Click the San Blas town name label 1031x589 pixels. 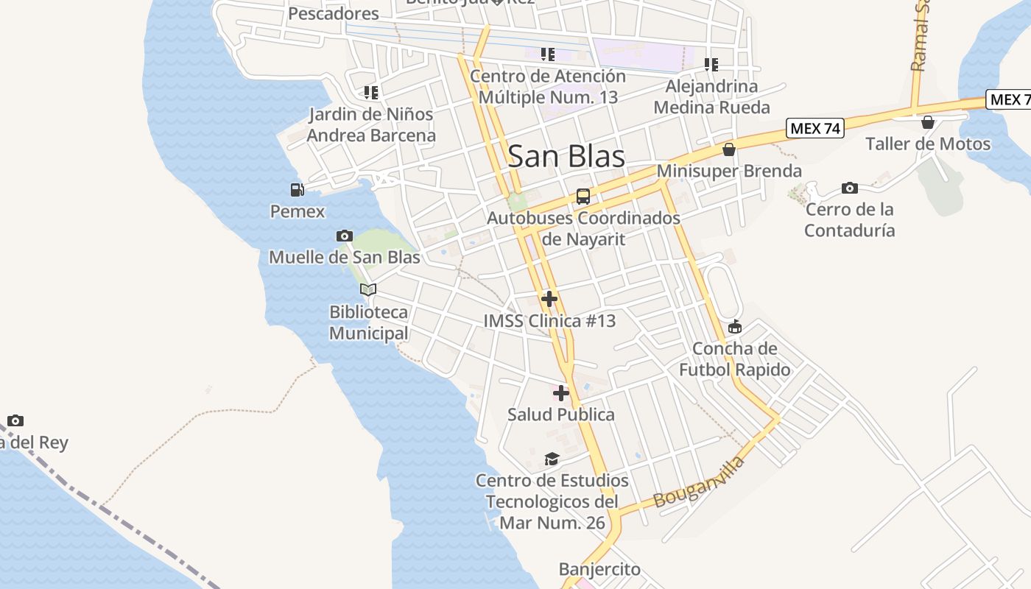566,156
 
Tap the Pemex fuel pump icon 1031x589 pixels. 297,190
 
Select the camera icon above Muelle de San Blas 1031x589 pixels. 344,236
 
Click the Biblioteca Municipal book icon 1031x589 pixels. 368,290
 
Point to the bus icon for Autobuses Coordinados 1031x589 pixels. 583,197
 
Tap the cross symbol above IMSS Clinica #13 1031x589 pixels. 549,299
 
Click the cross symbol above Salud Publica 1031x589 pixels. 561,392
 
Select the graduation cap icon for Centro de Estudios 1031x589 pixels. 552,459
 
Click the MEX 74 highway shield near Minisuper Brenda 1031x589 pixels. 814,128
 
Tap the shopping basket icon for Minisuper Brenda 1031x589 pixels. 729,149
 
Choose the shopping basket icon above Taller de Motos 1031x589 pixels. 928,122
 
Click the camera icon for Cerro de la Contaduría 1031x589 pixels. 849,188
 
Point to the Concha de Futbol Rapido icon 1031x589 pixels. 734,327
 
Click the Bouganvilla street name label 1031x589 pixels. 699,483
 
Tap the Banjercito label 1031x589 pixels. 599,569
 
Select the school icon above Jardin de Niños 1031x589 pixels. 370,93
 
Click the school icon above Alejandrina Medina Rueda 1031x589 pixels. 711,65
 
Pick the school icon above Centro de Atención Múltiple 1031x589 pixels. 547,54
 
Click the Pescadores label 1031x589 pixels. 334,13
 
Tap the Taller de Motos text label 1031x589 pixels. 928,144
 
